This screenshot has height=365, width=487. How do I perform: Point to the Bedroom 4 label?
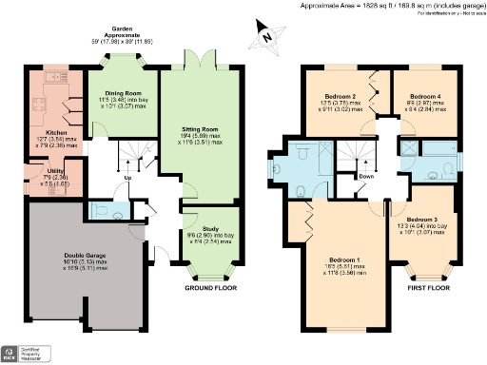click(x=424, y=97)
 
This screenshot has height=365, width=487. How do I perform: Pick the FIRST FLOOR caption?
click(x=426, y=286)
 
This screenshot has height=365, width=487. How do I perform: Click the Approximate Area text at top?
click(x=391, y=6)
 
